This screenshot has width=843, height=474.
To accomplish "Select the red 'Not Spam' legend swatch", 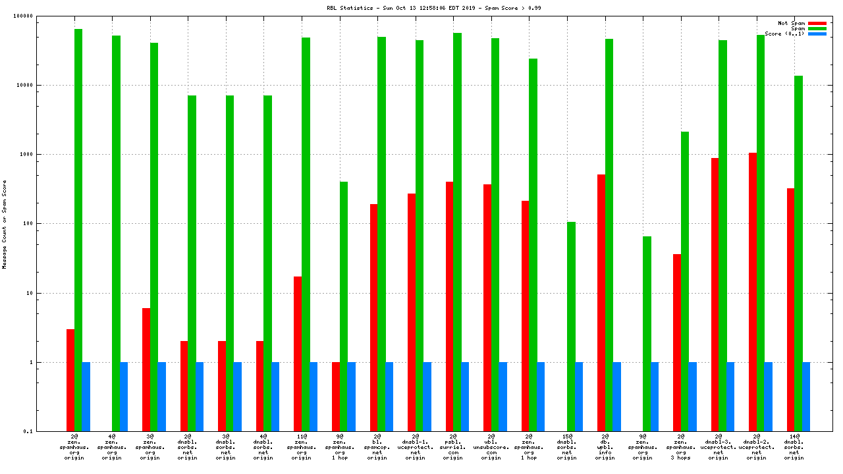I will click(817, 23).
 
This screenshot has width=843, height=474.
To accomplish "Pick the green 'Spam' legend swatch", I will click(817, 28).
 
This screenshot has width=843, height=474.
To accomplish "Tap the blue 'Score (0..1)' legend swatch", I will click(817, 34).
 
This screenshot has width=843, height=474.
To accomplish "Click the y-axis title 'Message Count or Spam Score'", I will click(5, 224).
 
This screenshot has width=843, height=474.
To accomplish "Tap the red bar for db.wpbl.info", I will click(601, 303).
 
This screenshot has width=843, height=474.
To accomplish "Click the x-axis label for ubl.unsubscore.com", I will click(491, 446).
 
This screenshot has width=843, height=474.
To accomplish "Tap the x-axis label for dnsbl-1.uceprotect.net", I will click(415, 446).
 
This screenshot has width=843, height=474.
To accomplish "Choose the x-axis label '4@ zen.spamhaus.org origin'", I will click(112, 446).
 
